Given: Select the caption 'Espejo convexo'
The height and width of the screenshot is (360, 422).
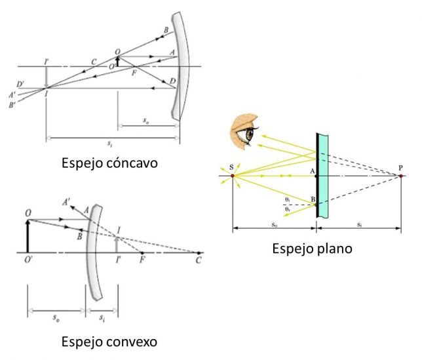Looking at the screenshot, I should pos(109,342).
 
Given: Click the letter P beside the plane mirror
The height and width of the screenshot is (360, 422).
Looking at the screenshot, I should pos(401,169).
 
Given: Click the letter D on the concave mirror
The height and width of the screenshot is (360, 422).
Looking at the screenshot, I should pos(172,81).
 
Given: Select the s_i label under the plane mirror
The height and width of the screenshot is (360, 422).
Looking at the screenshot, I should pos(358,224).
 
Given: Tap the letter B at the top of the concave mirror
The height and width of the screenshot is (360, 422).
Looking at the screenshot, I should pos(166,31).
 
